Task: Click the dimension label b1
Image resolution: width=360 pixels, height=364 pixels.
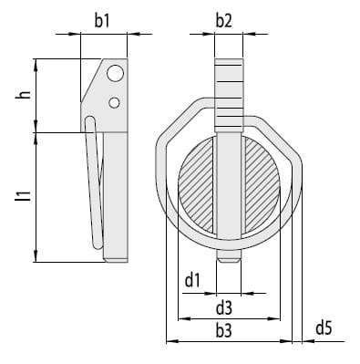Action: coord(101,21)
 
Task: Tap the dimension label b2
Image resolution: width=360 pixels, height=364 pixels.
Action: coord(224,21)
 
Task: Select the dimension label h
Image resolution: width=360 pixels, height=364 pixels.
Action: coord(25,95)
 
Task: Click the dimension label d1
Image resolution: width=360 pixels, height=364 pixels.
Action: coord(192,280)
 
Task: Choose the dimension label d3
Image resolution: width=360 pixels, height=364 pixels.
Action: coord(224,307)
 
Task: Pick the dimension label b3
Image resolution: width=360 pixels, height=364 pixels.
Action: coord(224,330)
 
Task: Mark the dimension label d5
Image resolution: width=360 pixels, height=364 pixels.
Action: coord(324,328)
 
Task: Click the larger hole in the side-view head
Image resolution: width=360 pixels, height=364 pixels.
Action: coord(116,73)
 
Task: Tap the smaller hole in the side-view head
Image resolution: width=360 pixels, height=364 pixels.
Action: coord(114,103)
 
